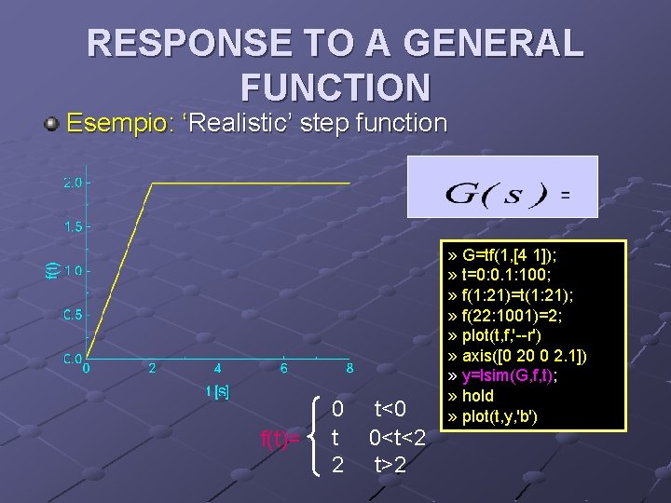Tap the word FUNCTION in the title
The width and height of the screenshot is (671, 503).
pos(335,88)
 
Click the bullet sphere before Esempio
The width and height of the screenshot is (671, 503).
pos(53,123)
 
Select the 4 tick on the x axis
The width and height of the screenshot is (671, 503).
pos(218,369)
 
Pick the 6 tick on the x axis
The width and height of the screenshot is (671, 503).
pos(284,369)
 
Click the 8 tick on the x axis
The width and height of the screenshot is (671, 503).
pos(349,369)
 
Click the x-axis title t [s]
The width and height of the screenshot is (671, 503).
pos(217,391)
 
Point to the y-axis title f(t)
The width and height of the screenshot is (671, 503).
pos(52,270)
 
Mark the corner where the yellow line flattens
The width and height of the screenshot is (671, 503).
pos(153,184)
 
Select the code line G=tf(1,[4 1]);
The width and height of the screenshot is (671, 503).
pos(510,255)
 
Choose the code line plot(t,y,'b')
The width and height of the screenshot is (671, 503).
pos(503,415)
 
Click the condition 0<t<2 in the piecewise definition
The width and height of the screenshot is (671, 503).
pos(397,437)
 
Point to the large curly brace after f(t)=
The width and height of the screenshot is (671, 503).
pos(318,436)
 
